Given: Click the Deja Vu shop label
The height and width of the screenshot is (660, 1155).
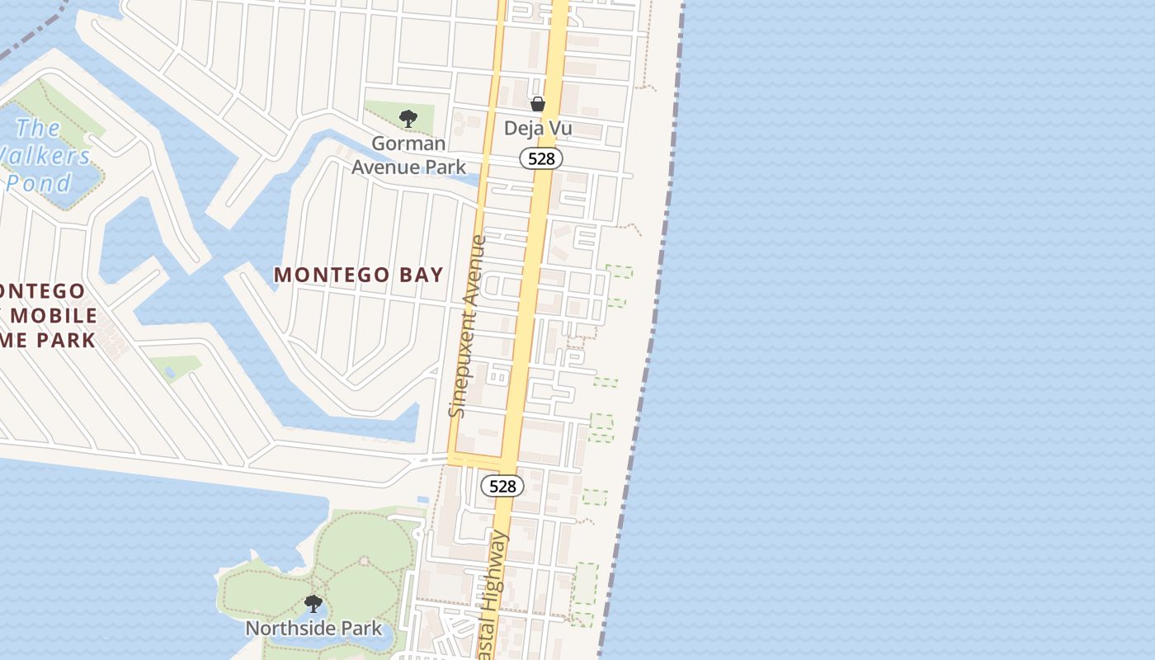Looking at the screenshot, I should [538, 129].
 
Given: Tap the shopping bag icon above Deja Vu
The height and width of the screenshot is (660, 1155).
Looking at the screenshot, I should [538, 104].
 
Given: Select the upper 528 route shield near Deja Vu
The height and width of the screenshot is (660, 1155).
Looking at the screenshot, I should [541, 158].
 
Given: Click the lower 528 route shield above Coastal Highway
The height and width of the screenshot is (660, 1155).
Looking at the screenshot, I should [502, 486].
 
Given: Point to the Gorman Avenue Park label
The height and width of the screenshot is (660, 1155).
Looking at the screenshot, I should [408, 154].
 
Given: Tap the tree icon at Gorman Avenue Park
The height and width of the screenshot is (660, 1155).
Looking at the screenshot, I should [408, 119].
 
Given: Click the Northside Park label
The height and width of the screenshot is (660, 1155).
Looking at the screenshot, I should [313, 629].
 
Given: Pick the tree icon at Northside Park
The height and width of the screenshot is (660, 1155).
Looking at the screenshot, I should [313, 604].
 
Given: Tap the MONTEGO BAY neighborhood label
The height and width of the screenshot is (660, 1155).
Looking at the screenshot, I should [358, 275].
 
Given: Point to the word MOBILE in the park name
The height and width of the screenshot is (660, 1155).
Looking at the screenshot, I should [54, 315].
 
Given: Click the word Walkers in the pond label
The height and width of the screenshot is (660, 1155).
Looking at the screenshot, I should [45, 155].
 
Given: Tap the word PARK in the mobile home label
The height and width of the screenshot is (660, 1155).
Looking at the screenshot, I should [67, 339].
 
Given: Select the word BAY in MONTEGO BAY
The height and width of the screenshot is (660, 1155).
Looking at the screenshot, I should [422, 275].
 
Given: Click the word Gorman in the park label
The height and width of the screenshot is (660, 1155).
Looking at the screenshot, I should [409, 143].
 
